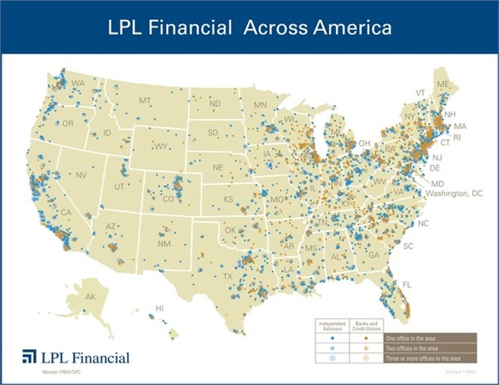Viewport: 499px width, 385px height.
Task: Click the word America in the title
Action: [345, 29]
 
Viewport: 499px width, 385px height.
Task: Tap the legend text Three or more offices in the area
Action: [417, 358]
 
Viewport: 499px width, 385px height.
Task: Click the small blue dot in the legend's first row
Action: [333, 338]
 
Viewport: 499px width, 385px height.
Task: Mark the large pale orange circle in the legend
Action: [367, 358]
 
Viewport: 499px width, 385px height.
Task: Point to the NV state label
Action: [82, 176]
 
